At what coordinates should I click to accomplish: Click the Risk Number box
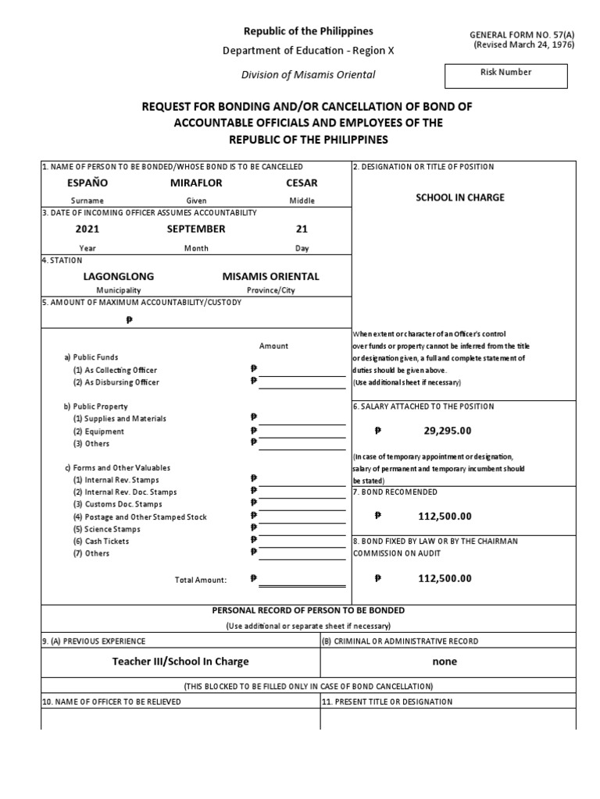click(506, 76)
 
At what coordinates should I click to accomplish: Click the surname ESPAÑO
click(87, 183)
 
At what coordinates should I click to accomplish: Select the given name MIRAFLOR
click(196, 183)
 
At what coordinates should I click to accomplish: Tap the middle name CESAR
click(302, 183)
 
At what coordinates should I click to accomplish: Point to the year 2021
click(87, 229)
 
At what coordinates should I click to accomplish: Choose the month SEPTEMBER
click(196, 229)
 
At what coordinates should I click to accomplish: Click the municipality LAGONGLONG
click(119, 276)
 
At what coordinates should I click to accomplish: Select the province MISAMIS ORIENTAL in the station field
click(270, 276)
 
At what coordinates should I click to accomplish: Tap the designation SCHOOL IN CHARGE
click(459, 197)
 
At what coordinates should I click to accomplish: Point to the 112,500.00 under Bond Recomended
click(445, 516)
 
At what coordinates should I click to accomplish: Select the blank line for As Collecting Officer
click(302, 371)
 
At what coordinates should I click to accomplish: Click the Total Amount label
click(200, 580)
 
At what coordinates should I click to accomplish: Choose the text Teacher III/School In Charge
click(180, 661)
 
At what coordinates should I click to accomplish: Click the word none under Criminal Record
click(445, 661)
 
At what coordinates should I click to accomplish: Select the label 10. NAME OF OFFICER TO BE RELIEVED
click(111, 701)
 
